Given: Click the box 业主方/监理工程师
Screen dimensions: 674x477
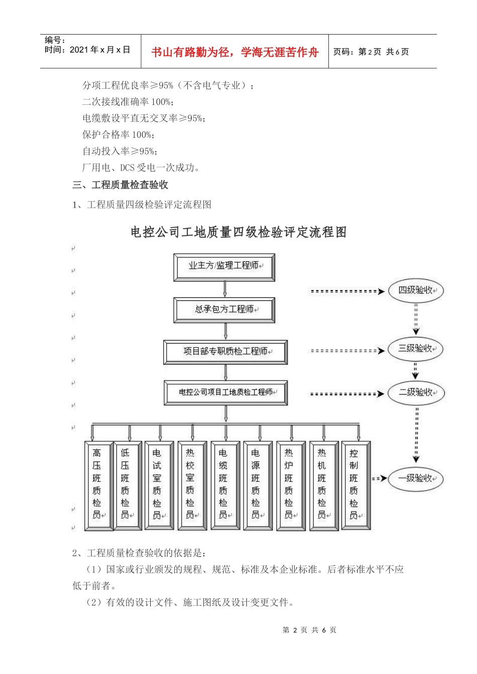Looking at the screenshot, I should point(224,267).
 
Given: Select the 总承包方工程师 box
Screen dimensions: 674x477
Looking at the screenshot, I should point(224,310).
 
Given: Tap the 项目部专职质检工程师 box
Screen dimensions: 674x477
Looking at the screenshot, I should point(225,352).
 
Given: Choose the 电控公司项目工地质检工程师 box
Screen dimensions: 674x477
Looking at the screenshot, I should point(225,393).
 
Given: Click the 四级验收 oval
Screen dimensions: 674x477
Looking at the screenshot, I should point(416,291).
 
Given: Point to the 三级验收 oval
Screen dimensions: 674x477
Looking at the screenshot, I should point(415,349).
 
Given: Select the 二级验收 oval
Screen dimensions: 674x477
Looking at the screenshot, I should point(416,393).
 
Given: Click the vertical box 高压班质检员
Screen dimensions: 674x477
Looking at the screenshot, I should point(97,485).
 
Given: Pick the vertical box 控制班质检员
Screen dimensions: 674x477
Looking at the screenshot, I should point(354,485).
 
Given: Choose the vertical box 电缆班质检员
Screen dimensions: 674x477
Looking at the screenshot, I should point(224,485).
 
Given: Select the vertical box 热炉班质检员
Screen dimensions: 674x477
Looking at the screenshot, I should point(289,485).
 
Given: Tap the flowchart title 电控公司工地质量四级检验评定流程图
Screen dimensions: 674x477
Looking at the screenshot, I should point(238,232).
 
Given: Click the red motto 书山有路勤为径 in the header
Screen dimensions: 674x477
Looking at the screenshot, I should point(234,52).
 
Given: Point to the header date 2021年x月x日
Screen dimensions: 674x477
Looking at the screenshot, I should point(100,50).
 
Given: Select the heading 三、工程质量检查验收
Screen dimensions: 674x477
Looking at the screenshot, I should point(120,185).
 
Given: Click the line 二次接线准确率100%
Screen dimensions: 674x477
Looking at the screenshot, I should point(128,102).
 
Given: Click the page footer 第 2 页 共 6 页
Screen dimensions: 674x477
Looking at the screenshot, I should point(309,630).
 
